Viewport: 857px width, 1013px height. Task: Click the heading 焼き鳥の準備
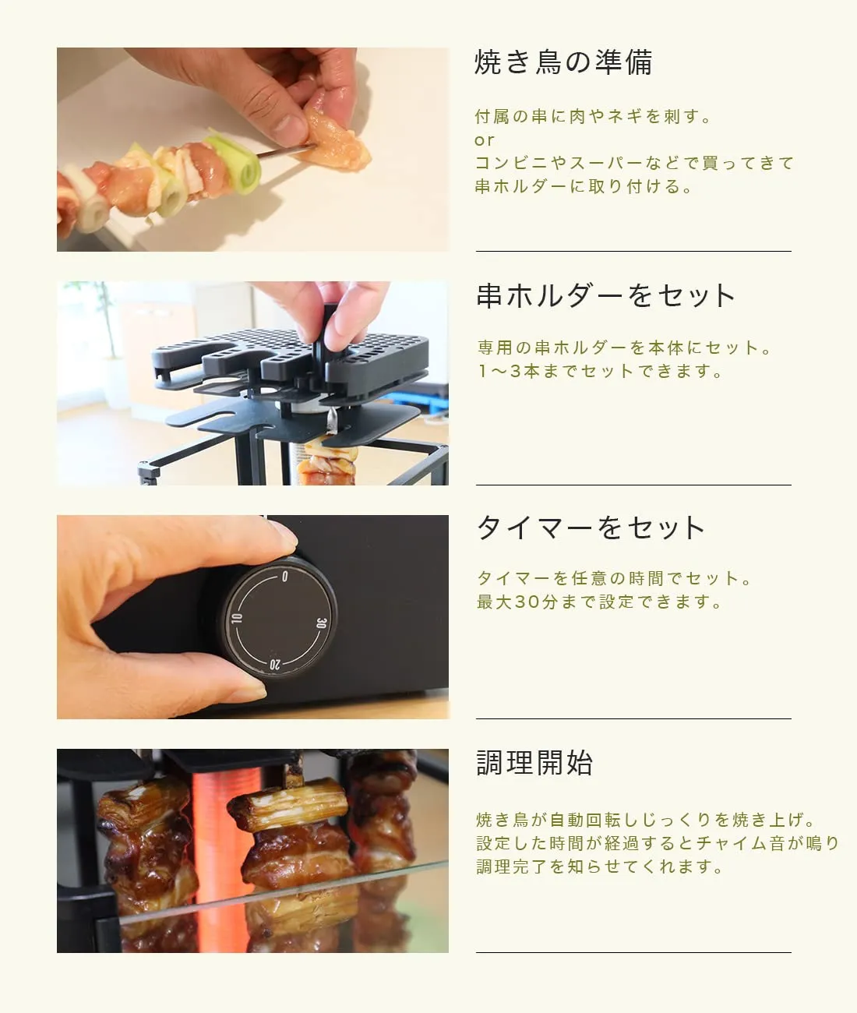pos(563,62)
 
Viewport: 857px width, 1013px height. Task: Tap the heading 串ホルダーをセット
pos(605,295)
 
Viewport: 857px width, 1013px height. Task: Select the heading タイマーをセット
pos(591,528)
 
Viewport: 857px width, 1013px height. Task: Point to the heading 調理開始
pos(534,763)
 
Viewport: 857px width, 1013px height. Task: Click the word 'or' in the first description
pos(484,140)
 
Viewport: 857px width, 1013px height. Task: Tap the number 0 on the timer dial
pos(284,577)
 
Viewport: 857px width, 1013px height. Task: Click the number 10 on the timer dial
pos(237,618)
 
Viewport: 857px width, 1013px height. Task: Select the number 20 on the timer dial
pos(275,664)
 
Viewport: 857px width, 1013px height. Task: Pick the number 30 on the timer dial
pos(321,623)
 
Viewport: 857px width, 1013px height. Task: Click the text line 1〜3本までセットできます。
pos(600,371)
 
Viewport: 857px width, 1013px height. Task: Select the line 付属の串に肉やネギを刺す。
pos(592,117)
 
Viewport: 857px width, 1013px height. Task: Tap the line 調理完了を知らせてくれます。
pos(600,867)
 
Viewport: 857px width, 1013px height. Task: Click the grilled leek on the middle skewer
pos(290,803)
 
